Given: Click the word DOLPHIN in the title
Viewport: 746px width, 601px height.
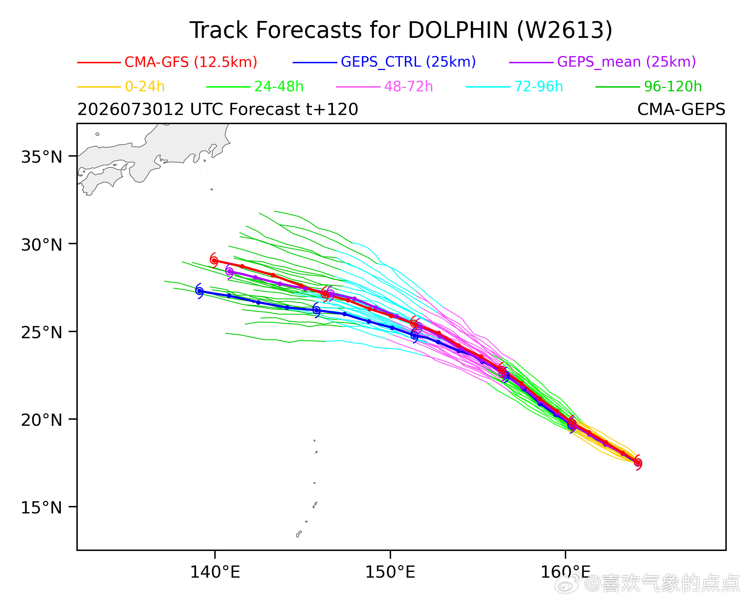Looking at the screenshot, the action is (458, 30).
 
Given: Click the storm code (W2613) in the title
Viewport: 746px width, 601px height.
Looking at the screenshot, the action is (565, 30).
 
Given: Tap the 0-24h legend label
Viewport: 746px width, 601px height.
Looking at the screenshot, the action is (145, 87).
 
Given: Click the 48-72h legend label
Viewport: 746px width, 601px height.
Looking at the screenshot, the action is (409, 87).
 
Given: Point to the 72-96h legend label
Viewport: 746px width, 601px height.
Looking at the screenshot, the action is (539, 87).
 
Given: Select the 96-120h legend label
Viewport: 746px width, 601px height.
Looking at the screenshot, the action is (673, 87).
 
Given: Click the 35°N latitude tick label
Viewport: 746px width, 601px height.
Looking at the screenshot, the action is (42, 157).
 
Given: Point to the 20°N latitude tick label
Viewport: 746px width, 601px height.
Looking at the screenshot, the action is (42, 420).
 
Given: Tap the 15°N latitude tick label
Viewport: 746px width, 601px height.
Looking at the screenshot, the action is (42, 508).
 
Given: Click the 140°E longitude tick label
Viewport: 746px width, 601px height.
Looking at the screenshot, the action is (215, 572).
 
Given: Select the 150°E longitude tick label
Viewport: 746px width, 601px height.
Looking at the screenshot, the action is (390, 572).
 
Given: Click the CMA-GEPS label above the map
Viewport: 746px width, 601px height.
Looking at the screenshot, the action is (681, 109).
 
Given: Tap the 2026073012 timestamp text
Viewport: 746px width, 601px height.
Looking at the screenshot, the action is (131, 109).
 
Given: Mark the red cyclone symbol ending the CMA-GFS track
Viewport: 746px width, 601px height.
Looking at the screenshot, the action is (214, 260).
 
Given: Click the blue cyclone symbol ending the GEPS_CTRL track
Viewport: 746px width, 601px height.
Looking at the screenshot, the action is (200, 291).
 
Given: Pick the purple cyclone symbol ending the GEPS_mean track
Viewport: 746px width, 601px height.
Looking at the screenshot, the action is (230, 271).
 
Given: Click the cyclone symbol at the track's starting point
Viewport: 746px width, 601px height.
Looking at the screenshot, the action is (638, 463).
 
